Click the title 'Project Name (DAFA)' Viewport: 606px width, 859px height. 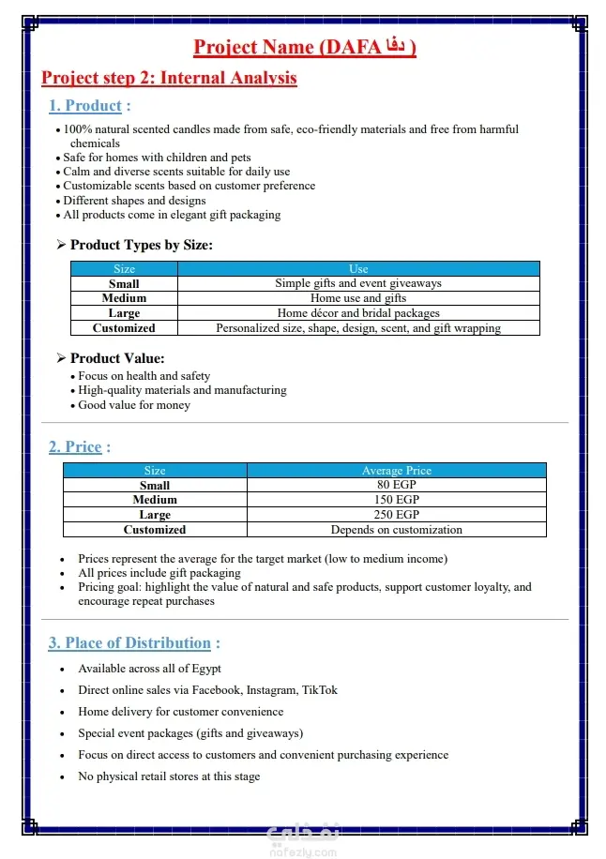point(304,47)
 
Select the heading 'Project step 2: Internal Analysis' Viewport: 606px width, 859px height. point(169,78)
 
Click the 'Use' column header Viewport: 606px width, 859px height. point(358,268)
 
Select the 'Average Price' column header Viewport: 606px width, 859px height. point(396,471)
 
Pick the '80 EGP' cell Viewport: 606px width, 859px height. point(396,485)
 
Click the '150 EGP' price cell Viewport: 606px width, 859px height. point(396,500)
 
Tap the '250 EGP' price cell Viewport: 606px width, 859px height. point(396,515)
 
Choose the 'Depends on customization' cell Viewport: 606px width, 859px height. point(396,530)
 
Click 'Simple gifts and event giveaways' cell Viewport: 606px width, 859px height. point(358,283)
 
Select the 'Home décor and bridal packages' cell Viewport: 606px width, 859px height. point(358,313)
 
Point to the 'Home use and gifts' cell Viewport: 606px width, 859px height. point(358,298)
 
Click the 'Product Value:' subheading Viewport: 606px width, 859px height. point(117,358)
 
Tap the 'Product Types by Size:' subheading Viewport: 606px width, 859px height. point(142,246)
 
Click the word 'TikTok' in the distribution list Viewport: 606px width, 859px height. point(319,690)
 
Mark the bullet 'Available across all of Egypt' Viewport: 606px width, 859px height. point(150,669)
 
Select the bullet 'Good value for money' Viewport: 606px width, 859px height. point(134,405)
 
